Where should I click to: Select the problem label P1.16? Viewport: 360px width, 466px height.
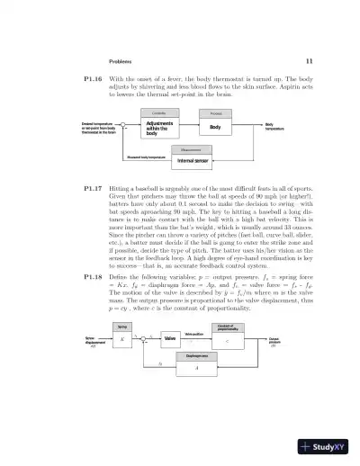pos(81,79)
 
